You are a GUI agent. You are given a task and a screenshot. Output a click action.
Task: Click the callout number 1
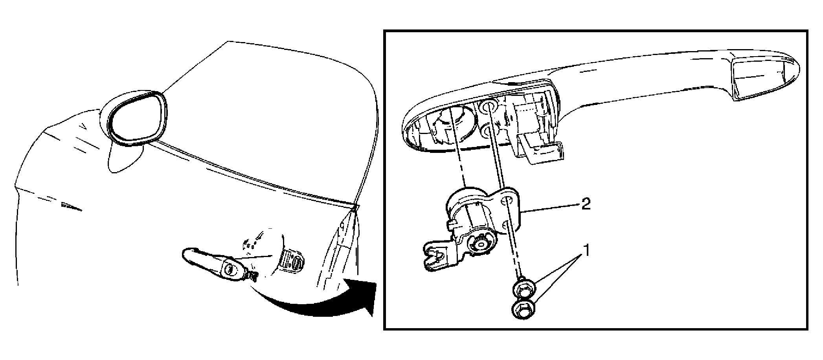[x=586, y=251]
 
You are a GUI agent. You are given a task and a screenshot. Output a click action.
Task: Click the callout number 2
[x=586, y=205]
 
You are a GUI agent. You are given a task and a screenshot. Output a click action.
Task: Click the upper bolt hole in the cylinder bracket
[x=509, y=200]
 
